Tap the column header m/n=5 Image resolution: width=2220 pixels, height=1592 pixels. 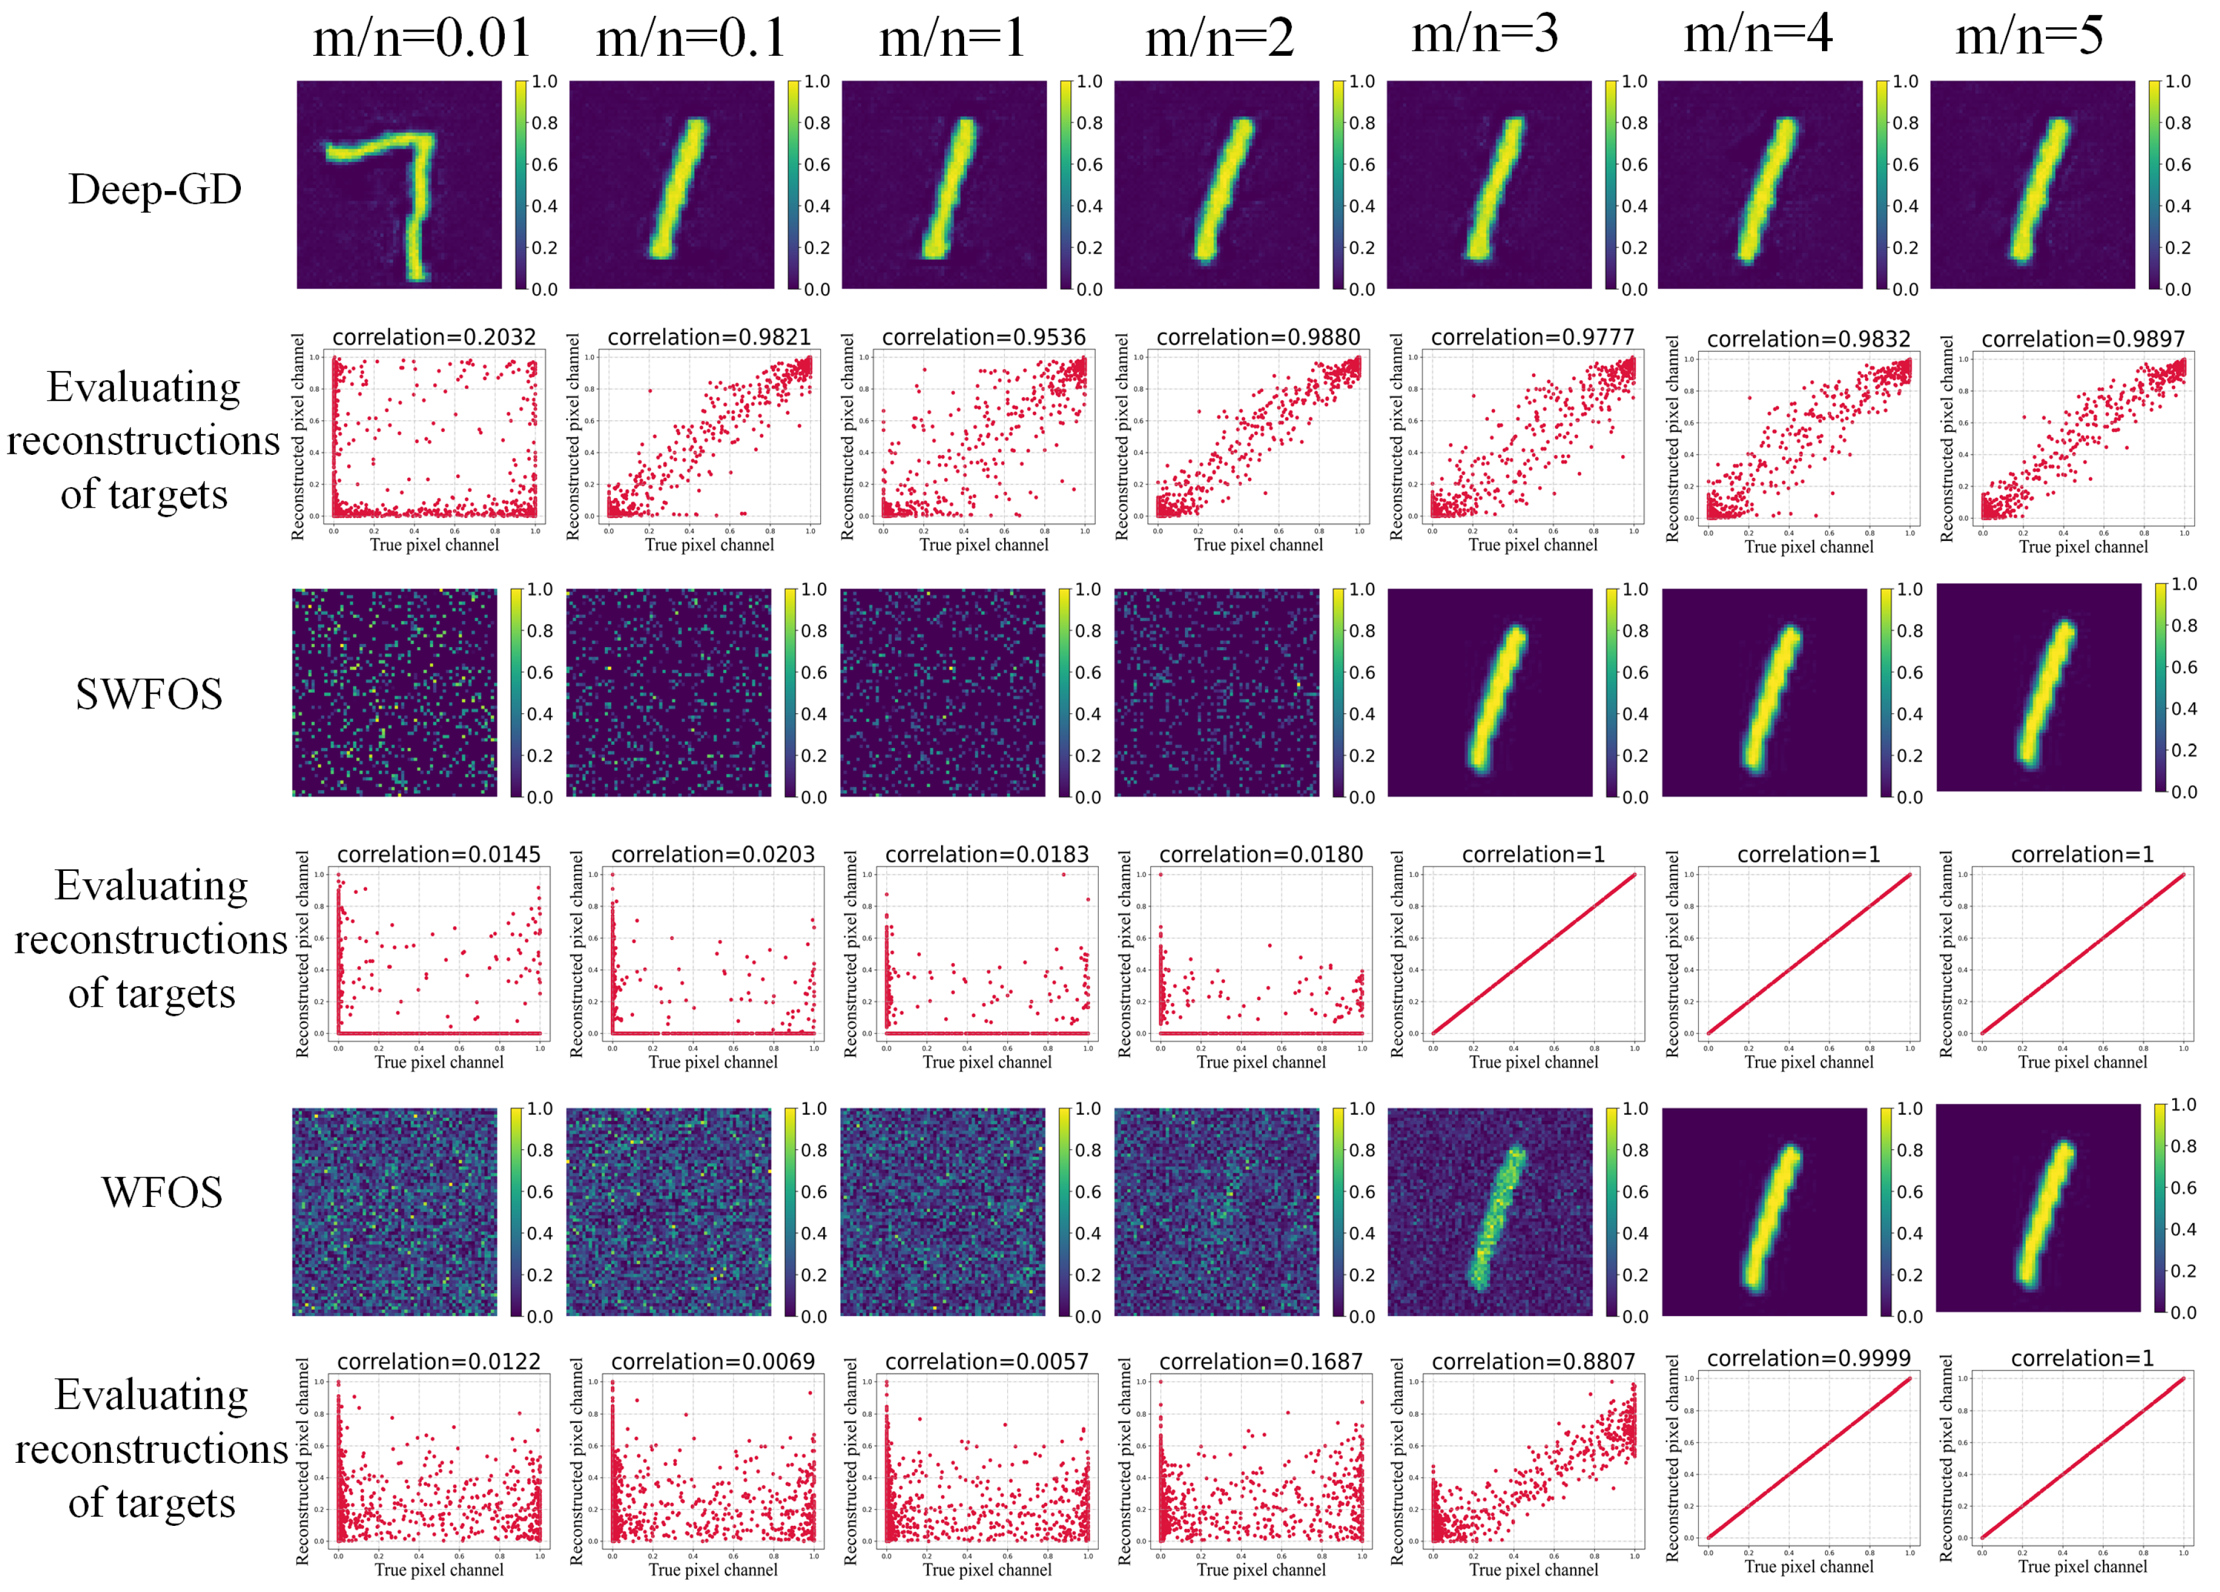tap(2028, 36)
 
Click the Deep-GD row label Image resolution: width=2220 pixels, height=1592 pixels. tap(155, 189)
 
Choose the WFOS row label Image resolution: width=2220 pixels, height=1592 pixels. tap(161, 1192)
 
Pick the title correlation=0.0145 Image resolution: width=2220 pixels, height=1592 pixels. tap(439, 854)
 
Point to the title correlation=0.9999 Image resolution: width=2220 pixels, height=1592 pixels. tap(1808, 1358)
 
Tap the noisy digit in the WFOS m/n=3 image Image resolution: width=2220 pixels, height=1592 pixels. tap(1496, 1218)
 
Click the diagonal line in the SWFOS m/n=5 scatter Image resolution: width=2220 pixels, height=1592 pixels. tap(2083, 954)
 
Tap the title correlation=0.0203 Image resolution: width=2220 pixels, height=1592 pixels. tap(712, 854)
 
